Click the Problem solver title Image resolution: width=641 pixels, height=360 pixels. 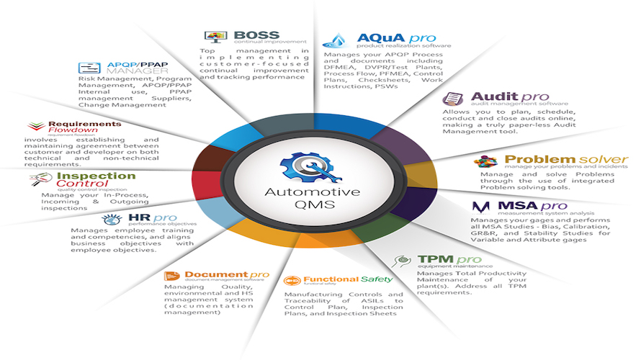[566, 159]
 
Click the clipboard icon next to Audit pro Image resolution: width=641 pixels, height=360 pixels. [453, 99]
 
